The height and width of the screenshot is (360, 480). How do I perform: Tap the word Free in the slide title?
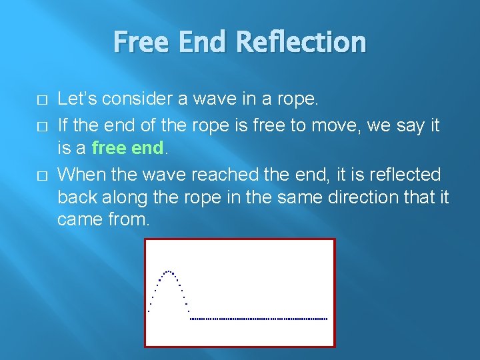point(139,42)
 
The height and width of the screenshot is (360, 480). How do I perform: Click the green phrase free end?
point(127,147)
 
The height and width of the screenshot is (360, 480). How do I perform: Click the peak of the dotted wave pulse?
point(169,271)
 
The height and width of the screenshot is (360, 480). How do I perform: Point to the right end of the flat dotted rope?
point(327,319)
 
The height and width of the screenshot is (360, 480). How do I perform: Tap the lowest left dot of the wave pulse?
point(149,311)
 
